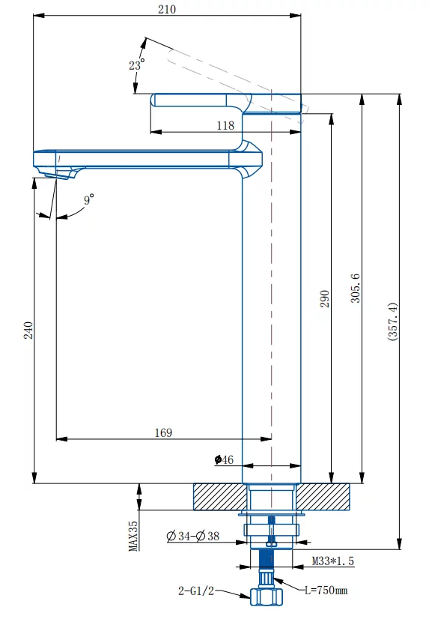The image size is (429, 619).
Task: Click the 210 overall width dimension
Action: (167, 9)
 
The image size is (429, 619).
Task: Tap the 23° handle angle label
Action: (136, 64)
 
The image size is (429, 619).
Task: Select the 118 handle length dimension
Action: (225, 126)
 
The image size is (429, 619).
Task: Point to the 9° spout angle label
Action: (89, 199)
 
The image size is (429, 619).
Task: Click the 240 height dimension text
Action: (28, 330)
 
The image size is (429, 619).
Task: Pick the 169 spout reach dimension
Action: (163, 432)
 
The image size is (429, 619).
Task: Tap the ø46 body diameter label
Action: (224, 459)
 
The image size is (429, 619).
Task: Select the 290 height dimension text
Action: (324, 299)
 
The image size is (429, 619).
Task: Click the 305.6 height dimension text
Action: (356, 289)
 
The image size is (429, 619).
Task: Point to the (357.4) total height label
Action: (393, 321)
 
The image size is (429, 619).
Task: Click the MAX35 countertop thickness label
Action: (133, 536)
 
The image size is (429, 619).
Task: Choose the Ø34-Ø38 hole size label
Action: (193, 536)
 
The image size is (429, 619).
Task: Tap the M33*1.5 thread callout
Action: (332, 561)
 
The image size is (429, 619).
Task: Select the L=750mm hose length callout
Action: (326, 591)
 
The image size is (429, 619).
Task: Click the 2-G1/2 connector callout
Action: (196, 591)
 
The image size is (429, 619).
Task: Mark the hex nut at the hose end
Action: (267, 596)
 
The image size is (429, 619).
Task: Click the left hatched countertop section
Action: (221, 497)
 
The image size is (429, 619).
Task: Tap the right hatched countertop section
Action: (323, 497)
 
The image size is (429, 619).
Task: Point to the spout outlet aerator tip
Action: (59, 175)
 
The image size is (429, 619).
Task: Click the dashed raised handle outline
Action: (237, 84)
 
